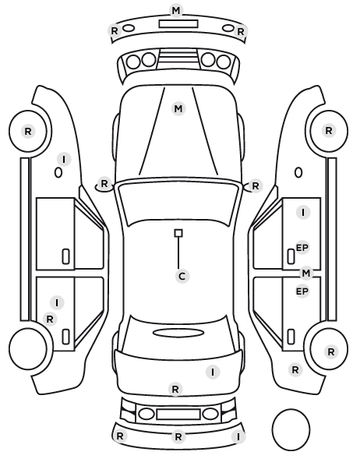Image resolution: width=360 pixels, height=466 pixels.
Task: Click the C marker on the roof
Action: (182, 277)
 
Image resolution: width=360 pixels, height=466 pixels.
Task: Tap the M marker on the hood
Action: (178, 109)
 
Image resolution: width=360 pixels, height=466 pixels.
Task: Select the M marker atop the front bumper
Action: (176, 11)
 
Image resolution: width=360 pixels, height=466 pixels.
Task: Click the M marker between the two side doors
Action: (306, 273)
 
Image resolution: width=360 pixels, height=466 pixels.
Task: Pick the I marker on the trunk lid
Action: (213, 372)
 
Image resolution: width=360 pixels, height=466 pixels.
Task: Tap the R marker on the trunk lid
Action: (175, 389)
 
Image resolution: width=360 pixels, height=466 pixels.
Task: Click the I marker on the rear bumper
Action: (238, 436)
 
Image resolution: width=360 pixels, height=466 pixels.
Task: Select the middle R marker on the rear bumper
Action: (178, 436)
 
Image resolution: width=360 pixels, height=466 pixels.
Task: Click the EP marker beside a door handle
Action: (302, 248)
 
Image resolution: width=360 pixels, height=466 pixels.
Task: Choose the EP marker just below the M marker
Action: (302, 291)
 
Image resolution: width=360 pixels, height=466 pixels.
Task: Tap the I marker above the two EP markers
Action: (303, 213)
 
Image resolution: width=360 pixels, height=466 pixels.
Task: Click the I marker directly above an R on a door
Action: (57, 303)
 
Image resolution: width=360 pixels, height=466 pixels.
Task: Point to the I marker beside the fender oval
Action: (64, 160)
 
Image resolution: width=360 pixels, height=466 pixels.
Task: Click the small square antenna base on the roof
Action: (178, 233)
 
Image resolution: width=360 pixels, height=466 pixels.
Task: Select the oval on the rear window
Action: (178, 333)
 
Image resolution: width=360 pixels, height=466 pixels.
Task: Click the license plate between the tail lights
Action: (178, 414)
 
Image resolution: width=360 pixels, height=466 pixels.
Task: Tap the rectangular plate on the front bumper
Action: (178, 24)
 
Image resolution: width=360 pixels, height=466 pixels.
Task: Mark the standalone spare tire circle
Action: (291, 429)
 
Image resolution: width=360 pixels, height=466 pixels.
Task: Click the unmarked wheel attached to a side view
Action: (28, 348)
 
